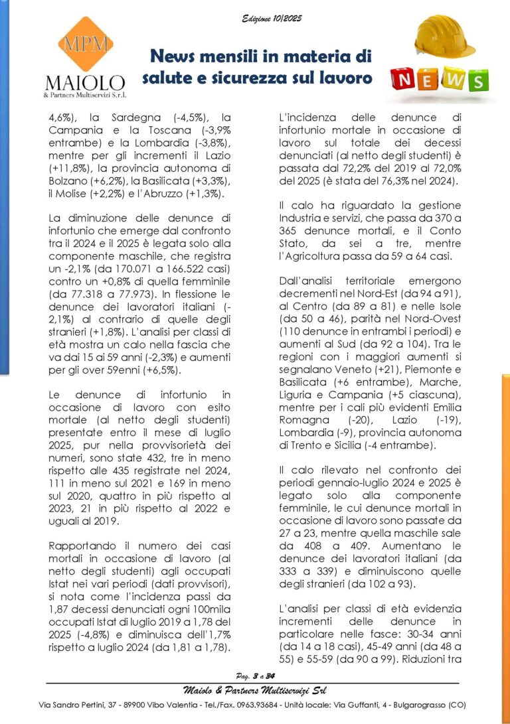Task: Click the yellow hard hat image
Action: [x=444, y=37]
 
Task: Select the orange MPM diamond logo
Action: [x=85, y=44]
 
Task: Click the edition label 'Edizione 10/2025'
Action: [x=272, y=19]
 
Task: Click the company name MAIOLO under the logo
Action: [x=85, y=83]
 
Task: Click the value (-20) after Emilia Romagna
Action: [x=361, y=419]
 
